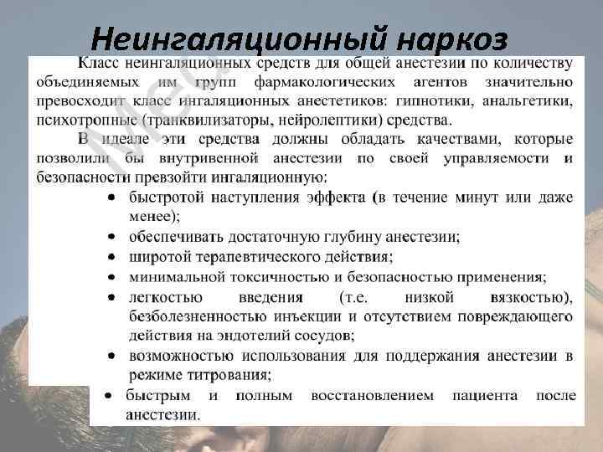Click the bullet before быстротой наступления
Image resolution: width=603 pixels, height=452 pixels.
(111, 198)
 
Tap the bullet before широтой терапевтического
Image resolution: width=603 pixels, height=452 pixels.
(111, 257)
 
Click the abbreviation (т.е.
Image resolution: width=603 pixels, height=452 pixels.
(358, 296)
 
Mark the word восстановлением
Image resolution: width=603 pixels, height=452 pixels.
(372, 395)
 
